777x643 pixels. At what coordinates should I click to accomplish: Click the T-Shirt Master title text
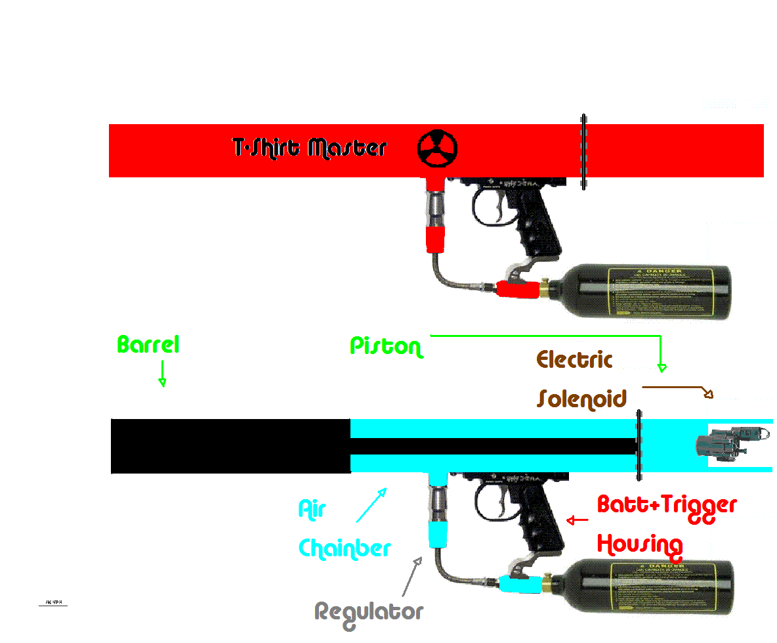310,148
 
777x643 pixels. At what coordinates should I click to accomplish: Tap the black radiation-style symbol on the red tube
438,148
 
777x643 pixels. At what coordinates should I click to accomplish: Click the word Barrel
148,345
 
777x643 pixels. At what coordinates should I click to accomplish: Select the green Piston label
386,346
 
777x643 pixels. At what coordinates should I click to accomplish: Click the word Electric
575,360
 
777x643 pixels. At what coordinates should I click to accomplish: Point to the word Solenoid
582,399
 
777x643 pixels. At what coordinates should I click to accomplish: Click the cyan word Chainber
345,548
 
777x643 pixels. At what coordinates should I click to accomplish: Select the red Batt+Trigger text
667,506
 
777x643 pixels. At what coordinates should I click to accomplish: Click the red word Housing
640,544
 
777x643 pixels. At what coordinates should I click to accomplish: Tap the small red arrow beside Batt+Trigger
577,521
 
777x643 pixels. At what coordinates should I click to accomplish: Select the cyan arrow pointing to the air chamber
371,504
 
